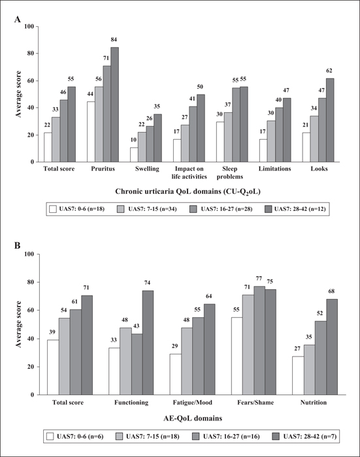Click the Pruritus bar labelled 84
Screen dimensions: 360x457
(x=114, y=104)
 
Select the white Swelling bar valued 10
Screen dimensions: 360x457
(x=134, y=155)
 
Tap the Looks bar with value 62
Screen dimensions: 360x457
(x=330, y=120)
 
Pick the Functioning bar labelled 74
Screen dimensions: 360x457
(x=148, y=343)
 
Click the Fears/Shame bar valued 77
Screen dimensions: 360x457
(x=259, y=340)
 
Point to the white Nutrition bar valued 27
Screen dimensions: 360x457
(x=298, y=375)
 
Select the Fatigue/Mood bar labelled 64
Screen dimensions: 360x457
(x=209, y=349)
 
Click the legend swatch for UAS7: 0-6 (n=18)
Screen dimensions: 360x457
(x=53, y=209)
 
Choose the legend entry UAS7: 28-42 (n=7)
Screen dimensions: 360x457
(x=304, y=436)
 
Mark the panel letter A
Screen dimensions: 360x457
(x=18, y=20)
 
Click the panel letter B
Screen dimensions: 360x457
(x=18, y=245)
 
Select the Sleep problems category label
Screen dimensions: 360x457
(x=230, y=172)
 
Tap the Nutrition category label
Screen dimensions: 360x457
(x=314, y=403)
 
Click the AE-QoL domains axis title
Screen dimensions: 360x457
(x=193, y=418)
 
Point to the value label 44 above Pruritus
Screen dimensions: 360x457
(x=90, y=94)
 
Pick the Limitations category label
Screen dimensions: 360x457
(x=275, y=168)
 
